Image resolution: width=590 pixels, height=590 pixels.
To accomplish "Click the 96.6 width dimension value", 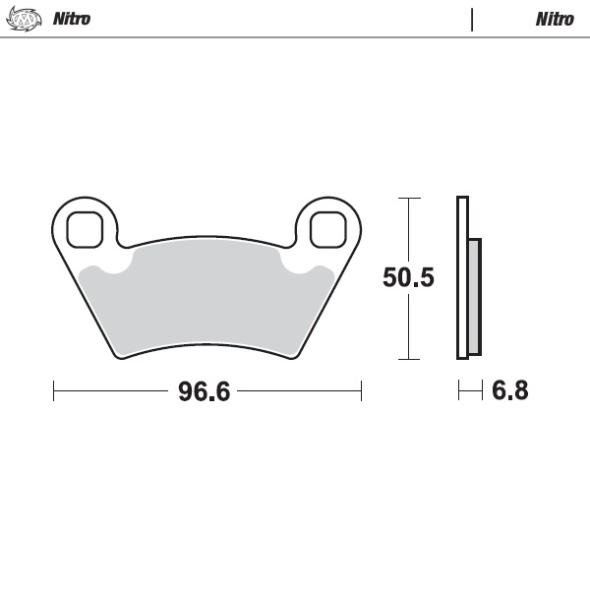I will click(204, 391).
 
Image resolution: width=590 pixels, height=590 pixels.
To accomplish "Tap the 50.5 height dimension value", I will click(408, 278).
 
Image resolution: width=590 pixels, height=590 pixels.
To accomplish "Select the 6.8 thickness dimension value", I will click(509, 391).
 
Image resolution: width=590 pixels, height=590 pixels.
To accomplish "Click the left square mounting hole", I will click(85, 230).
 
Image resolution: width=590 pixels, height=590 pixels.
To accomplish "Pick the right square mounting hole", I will click(327, 230).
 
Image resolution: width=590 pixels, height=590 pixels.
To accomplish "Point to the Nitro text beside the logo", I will click(71, 19).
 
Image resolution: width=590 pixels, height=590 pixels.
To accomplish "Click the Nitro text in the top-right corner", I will click(555, 19).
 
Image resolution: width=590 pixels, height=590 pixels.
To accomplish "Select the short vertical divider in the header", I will click(472, 19).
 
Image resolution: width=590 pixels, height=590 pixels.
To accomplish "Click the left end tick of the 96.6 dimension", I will click(53, 391).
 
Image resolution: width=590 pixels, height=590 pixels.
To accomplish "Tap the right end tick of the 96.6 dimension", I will click(361, 391).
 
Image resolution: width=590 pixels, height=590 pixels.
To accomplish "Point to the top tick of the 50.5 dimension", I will click(408, 198).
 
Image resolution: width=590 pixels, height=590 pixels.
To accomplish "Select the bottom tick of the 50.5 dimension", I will click(408, 359).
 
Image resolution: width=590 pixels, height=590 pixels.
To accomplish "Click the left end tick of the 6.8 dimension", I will click(458, 391).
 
